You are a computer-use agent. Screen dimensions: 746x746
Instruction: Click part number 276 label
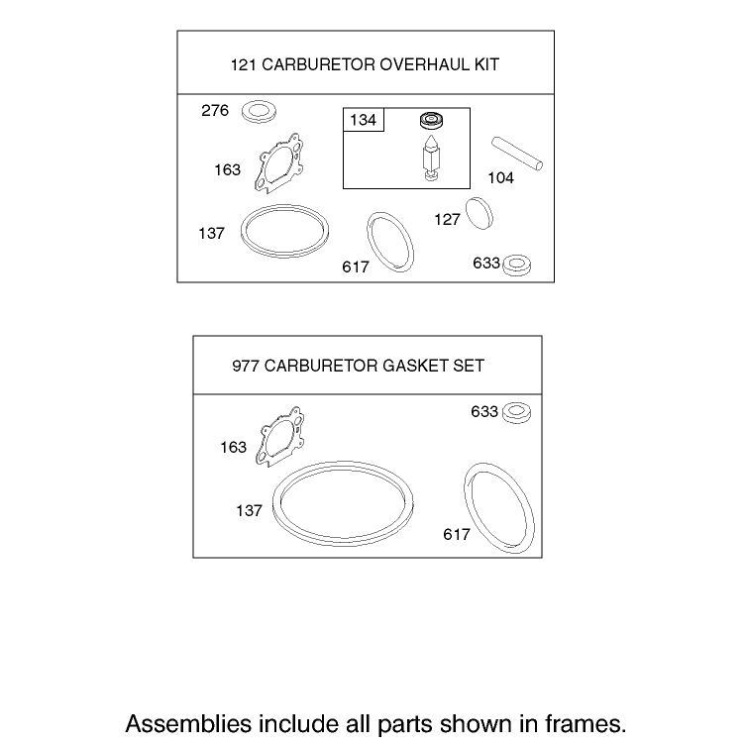click(215, 110)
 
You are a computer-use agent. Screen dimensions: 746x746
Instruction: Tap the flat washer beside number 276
click(259, 112)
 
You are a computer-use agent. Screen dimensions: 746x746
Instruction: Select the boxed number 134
click(363, 120)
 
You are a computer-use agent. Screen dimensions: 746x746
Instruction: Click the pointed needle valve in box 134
click(431, 158)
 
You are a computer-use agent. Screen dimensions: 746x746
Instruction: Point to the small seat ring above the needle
click(432, 120)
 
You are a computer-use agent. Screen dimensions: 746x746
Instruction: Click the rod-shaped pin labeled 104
click(517, 154)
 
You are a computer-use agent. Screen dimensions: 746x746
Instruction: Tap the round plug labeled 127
click(480, 214)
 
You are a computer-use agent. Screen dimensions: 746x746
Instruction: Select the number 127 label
click(447, 219)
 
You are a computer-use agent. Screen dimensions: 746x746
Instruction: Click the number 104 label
click(500, 178)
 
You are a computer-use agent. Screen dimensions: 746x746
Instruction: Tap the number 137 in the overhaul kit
click(211, 233)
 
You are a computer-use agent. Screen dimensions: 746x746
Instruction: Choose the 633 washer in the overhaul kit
click(517, 265)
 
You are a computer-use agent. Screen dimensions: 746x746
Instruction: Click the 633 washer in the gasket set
click(517, 412)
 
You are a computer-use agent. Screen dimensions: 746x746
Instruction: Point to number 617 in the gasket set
click(457, 534)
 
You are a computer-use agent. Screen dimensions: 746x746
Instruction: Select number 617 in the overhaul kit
click(356, 266)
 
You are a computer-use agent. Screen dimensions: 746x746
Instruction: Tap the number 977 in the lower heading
click(246, 366)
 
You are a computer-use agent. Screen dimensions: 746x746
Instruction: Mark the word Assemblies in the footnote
click(188, 723)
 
